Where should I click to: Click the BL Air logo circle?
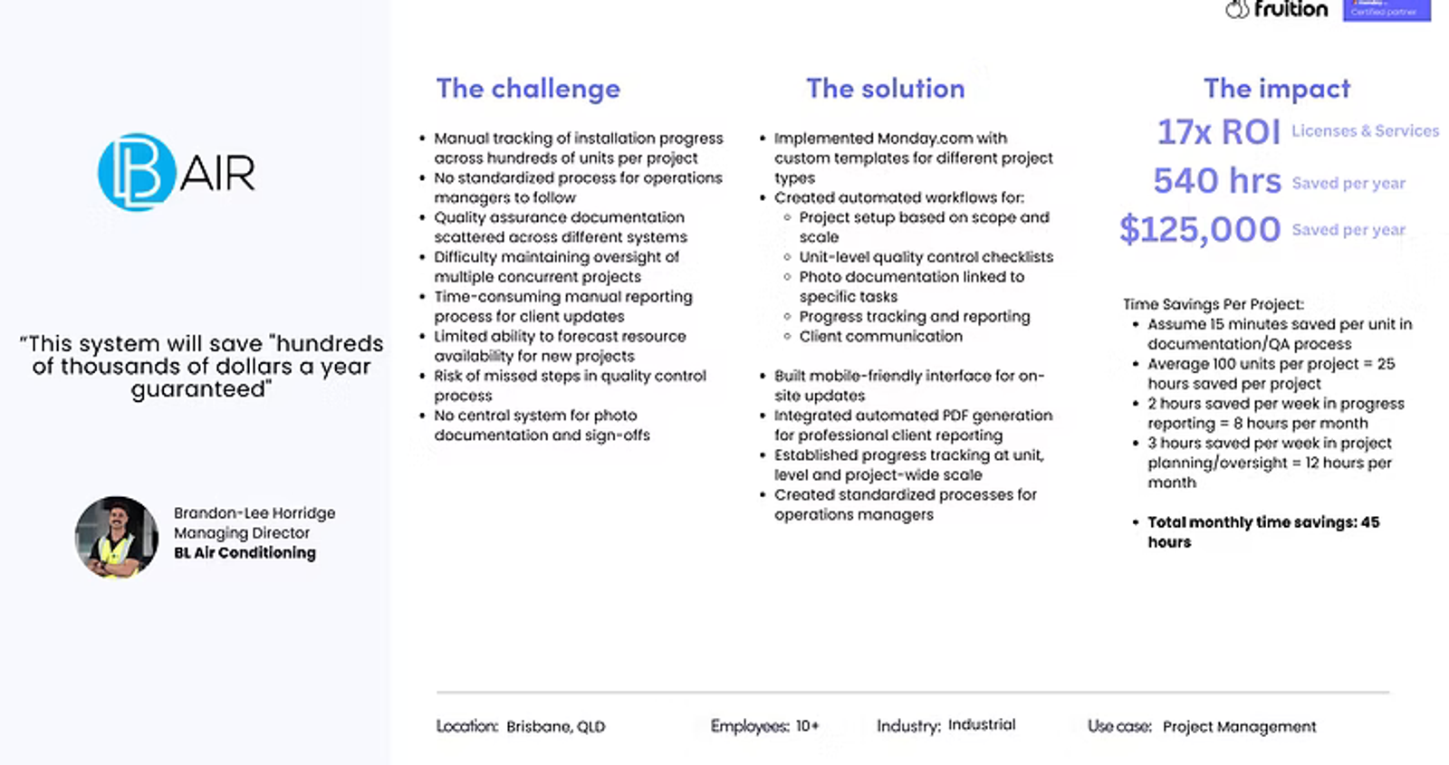[137, 172]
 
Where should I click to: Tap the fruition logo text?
[1291, 9]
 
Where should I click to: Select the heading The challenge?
[528, 89]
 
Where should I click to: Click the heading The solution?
[885, 89]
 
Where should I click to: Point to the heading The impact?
[1276, 89]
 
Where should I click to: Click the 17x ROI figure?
[1218, 132]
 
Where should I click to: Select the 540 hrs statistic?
[1217, 180]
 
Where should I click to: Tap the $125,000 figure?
[1200, 230]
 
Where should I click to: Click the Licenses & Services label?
[1365, 131]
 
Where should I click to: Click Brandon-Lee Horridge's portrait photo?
[117, 537]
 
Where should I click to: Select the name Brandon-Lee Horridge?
[254, 512]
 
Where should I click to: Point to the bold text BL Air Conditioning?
[245, 553]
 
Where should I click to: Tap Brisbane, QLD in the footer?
[556, 727]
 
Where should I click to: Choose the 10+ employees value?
[807, 726]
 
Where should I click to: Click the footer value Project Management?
[1240, 727]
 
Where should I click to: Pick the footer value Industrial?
[982, 725]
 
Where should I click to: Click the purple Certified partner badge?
[1387, 10]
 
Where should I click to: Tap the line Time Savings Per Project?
[1214, 304]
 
